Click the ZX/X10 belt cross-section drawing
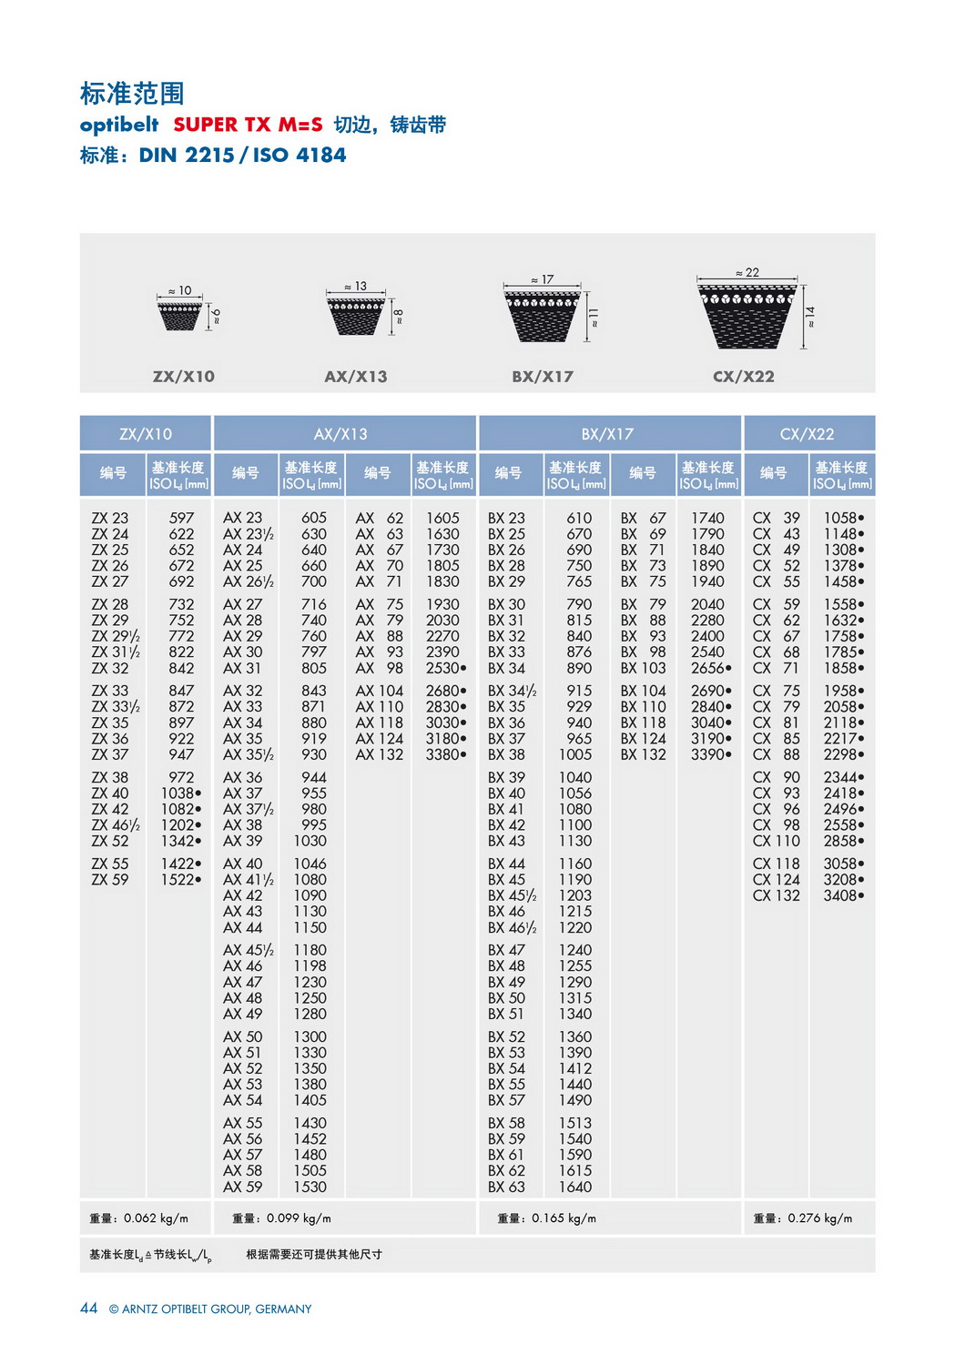click(180, 316)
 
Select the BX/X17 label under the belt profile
click(543, 377)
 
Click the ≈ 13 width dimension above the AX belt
click(356, 287)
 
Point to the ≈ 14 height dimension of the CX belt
click(809, 317)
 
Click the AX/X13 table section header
click(344, 434)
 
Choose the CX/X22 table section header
click(808, 434)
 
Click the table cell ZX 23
click(110, 518)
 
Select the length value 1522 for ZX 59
click(178, 880)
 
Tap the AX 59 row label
click(242, 1187)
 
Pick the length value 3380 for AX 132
click(443, 754)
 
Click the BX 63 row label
click(506, 1187)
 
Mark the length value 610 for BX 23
click(579, 518)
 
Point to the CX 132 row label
click(776, 895)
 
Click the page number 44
click(88, 1309)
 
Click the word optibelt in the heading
click(119, 125)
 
